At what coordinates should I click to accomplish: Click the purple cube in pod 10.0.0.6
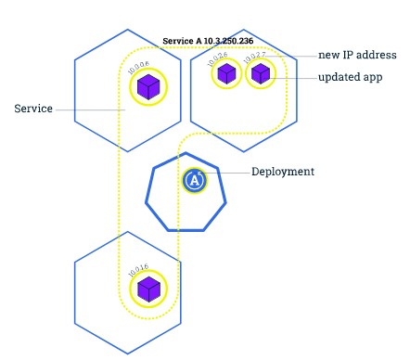tap(147, 88)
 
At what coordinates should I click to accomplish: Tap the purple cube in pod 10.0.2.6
tap(225, 74)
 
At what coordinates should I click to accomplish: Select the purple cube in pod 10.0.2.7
tap(261, 74)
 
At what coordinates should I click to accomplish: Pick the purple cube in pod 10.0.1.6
tap(147, 289)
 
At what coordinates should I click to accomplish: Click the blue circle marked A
tap(193, 180)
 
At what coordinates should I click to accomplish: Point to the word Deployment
tap(282, 172)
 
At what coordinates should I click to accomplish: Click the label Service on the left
tap(33, 109)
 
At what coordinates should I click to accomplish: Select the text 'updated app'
tap(350, 77)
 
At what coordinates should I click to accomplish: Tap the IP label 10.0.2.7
tap(253, 58)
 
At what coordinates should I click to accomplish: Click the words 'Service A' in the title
tap(180, 42)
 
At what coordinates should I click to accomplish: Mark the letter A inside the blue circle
tap(193, 181)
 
